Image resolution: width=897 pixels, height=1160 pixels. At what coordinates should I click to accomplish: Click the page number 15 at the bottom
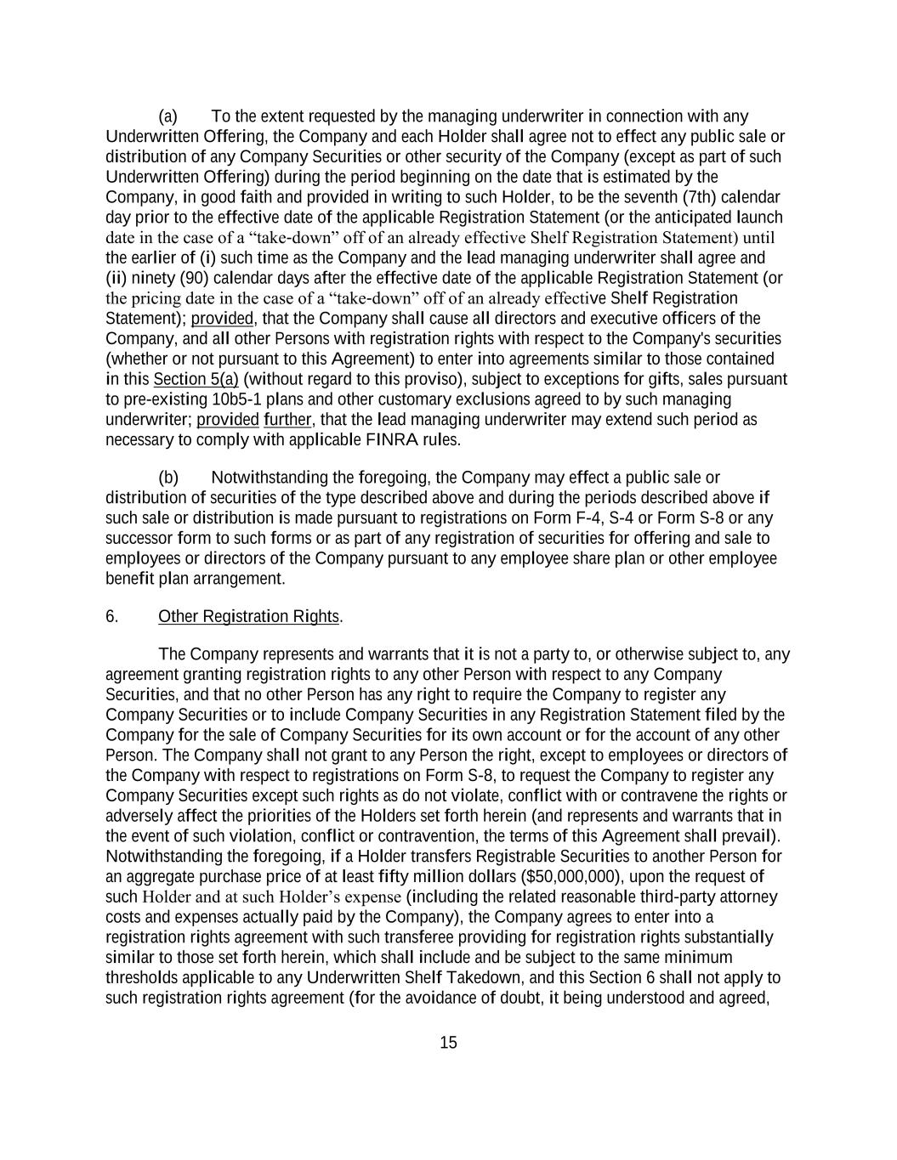click(448, 1043)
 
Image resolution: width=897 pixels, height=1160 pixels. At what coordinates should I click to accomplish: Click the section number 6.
click(111, 617)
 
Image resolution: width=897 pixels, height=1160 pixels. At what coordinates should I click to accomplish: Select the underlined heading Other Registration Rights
click(248, 617)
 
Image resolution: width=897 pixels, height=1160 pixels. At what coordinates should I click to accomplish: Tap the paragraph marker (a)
click(168, 116)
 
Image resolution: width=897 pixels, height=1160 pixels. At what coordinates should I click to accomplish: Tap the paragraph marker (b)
click(168, 478)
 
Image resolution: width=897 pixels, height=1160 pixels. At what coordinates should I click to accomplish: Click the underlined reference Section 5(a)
click(196, 379)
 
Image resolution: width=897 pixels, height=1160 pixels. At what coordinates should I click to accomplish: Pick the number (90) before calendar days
click(194, 278)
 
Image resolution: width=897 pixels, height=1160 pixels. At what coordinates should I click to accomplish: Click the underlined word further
click(287, 420)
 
